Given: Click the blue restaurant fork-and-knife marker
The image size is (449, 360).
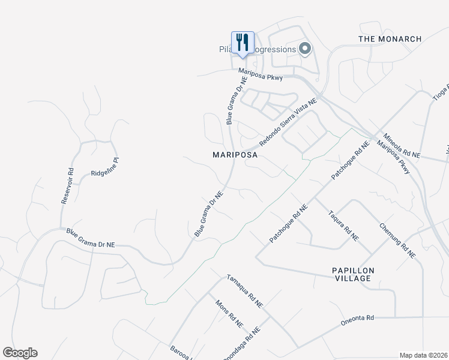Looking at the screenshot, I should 243,43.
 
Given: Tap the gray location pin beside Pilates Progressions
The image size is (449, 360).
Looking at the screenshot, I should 305,49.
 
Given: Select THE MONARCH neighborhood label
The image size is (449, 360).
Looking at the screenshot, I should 390,39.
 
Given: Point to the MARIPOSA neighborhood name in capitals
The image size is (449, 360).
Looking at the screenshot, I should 235,155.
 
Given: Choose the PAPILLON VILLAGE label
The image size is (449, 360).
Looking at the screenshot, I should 353,275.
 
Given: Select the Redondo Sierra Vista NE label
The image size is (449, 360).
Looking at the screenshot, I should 288,123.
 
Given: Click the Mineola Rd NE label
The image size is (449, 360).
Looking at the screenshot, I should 402,146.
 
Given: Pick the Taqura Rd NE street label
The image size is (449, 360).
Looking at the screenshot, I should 343,226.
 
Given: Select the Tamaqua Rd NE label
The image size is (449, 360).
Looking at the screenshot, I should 244,291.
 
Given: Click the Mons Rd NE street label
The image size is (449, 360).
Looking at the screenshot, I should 229,313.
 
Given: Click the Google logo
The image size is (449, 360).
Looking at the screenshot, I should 20,353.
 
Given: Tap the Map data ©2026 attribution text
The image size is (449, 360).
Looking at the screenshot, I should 423,355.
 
